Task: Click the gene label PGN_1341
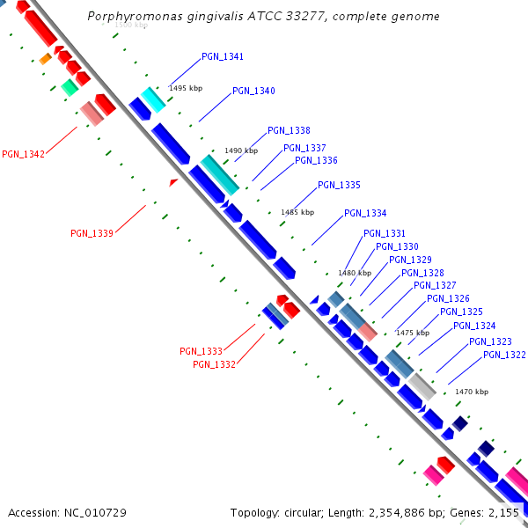point(223,56)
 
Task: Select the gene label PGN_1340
point(253,92)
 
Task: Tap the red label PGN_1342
point(23,154)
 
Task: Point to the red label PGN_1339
point(92,233)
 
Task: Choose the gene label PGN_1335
point(339,185)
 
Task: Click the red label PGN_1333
point(201,351)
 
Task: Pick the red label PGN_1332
point(214,364)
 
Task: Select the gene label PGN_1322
point(504,355)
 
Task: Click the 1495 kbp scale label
point(186,88)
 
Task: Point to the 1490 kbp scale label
point(241,150)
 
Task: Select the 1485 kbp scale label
point(297,212)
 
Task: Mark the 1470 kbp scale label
point(471,392)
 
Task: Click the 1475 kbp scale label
point(412,333)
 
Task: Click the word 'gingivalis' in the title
point(217,17)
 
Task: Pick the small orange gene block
point(45,59)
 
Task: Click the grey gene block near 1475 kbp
point(421,385)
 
